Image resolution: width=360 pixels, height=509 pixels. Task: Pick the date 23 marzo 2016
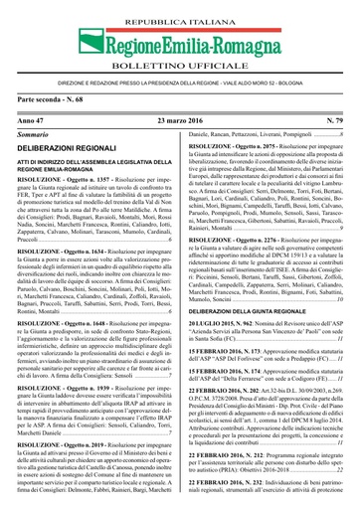pyautogui.click(x=179, y=119)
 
